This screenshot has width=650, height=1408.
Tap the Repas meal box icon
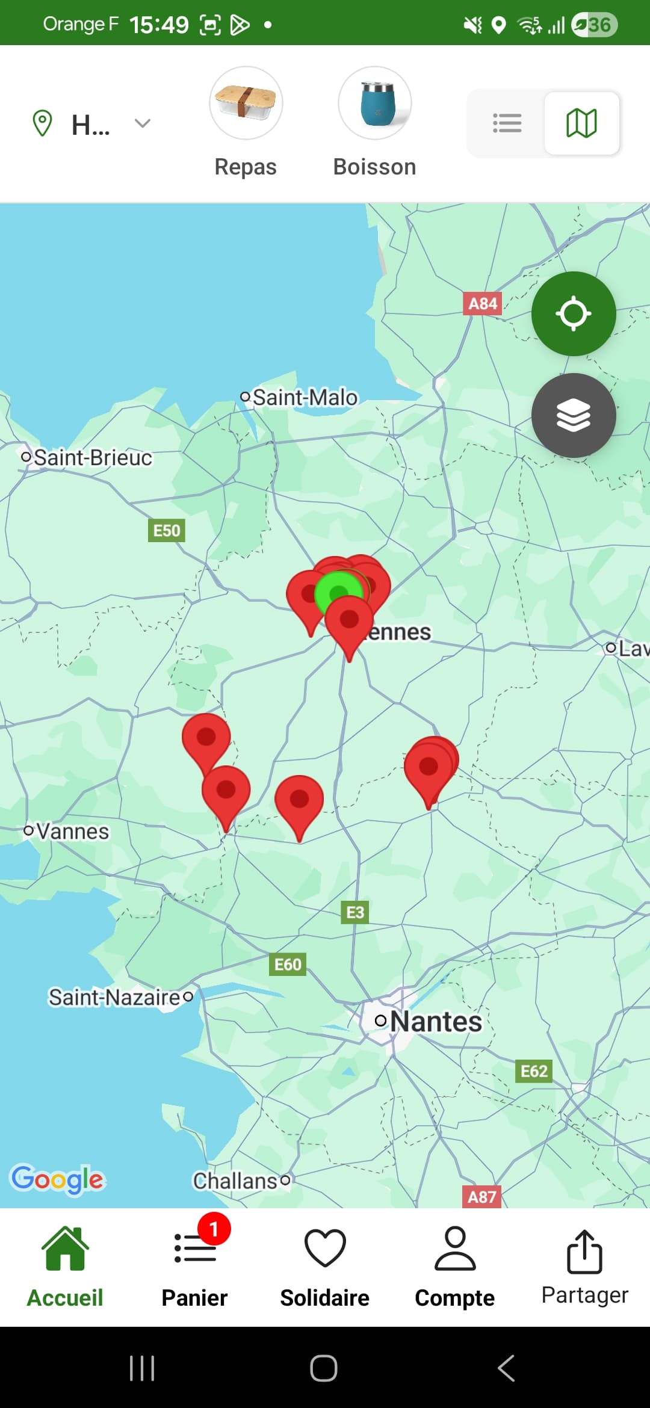coord(246,103)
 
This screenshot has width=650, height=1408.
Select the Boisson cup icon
coord(375,103)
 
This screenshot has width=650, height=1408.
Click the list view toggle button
coord(507,123)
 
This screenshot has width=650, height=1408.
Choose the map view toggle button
coord(581,123)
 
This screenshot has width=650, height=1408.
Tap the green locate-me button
coord(573,313)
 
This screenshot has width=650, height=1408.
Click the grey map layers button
coord(573,415)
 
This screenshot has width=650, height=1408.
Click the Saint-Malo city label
coord(305,398)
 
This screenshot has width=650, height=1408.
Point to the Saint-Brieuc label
coord(92,458)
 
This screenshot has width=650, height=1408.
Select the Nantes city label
coord(435,1021)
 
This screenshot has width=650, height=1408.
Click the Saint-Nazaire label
coord(114,998)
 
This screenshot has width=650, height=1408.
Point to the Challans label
coord(235,1181)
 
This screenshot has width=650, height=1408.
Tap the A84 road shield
coord(483,304)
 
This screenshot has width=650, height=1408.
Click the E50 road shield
coord(167,531)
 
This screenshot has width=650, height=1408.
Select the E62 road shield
coord(534,1071)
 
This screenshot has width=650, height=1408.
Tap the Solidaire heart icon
coord(325,1249)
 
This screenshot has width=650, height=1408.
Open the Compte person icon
coord(455,1249)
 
